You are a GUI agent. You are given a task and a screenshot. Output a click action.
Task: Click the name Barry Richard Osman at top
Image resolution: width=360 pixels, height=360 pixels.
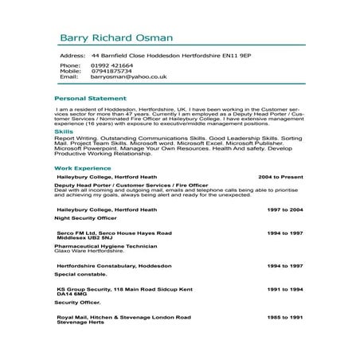tap(115, 38)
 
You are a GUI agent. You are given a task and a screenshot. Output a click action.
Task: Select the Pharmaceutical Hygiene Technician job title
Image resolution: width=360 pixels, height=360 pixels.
tap(103, 246)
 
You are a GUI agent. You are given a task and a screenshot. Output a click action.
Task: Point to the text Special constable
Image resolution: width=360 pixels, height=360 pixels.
tap(79, 274)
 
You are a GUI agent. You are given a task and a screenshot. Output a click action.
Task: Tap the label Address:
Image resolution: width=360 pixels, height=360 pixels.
tap(72, 57)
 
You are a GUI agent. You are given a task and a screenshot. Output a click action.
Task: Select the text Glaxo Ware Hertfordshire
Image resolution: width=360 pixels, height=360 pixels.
tap(88, 252)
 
